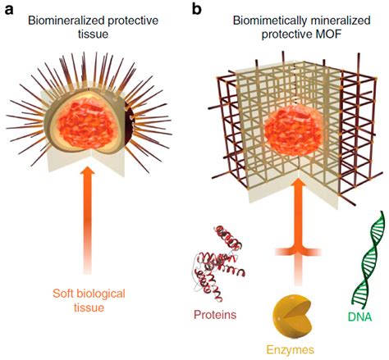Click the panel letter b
pos(196,9)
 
